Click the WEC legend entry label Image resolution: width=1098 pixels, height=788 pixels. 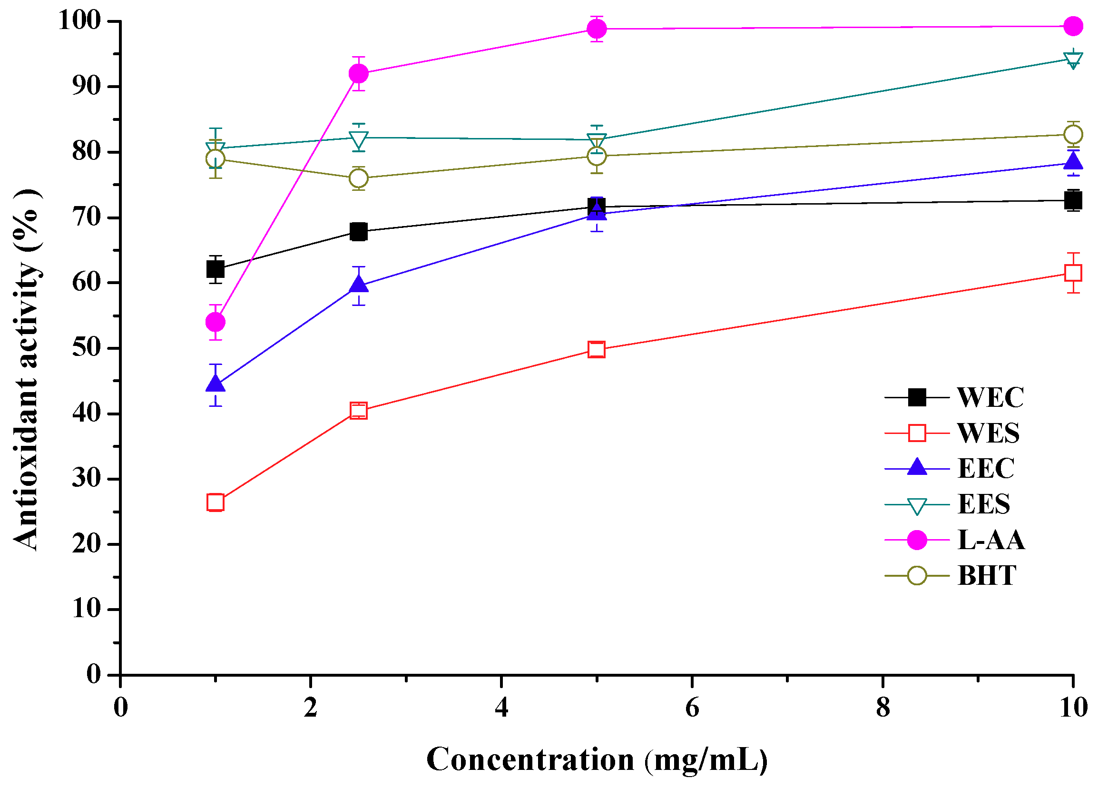(990, 398)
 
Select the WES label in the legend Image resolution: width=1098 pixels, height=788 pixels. (988, 433)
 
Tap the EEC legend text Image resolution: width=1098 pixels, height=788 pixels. (986, 468)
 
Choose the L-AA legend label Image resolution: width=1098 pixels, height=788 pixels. (991, 540)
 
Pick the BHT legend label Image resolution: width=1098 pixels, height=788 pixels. (987, 575)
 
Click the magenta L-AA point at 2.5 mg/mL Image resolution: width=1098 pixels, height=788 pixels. (358, 74)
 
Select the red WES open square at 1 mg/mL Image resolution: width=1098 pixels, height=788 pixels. (216, 503)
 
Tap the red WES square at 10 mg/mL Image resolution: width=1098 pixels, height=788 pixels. (1073, 273)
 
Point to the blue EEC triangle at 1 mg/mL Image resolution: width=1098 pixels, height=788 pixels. (216, 384)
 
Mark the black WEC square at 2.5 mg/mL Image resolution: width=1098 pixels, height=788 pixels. (358, 232)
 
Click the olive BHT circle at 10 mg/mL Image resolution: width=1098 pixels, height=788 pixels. (1073, 134)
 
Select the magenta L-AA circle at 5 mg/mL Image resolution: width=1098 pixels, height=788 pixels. (597, 29)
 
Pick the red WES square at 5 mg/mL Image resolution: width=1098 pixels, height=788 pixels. (597, 349)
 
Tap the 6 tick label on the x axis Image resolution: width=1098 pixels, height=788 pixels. (692, 708)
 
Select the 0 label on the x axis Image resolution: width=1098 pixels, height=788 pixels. (120, 708)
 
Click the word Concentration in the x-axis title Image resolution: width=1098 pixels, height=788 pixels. (530, 759)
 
